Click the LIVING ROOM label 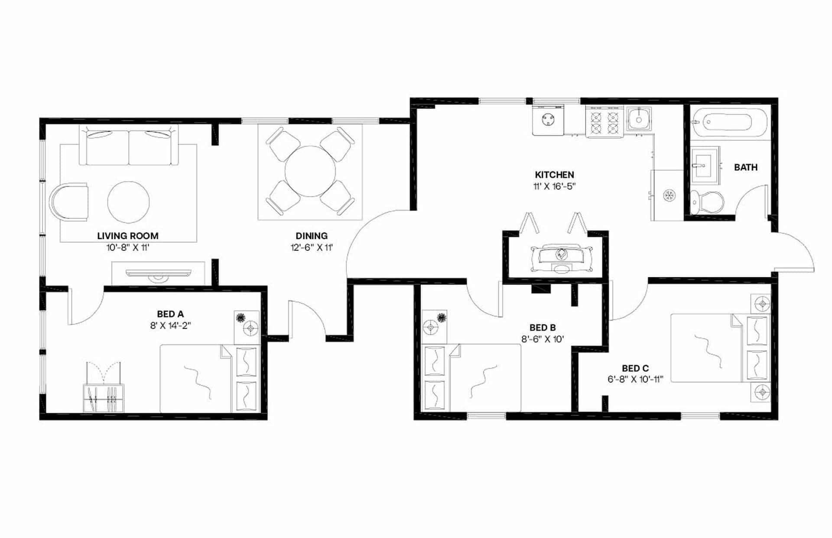(127, 236)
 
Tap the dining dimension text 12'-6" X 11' (312, 248)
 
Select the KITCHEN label (554, 175)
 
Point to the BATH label (745, 167)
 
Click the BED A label (170, 314)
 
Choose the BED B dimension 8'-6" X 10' (542, 340)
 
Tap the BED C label (635, 369)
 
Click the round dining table (310, 172)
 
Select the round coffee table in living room (129, 202)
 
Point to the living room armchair (69, 202)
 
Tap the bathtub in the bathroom (727, 123)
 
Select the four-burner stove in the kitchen (604, 122)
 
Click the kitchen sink (639, 118)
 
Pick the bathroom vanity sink (704, 165)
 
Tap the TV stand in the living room (158, 273)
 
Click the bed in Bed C (711, 348)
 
